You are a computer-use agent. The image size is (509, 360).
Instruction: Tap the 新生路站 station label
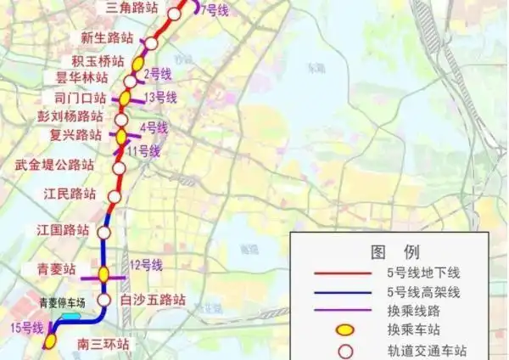tap(107, 37)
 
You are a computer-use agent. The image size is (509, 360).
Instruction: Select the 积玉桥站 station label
tap(98, 60)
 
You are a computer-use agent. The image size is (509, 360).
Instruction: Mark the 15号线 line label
tap(23, 327)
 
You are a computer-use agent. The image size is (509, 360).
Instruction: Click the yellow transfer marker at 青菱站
tap(103, 273)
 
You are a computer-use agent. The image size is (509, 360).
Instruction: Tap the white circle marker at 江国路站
tap(104, 232)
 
